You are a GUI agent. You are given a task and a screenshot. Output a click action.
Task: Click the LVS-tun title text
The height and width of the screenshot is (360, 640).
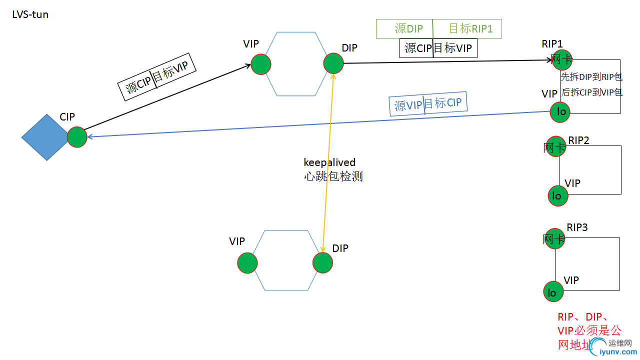click(30, 14)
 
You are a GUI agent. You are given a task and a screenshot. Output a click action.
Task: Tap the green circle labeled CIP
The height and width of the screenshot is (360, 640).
click(77, 136)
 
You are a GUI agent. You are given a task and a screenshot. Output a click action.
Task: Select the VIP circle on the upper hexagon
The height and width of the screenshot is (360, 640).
click(260, 64)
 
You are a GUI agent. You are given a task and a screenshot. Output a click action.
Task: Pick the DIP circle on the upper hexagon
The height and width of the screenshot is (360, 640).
click(333, 63)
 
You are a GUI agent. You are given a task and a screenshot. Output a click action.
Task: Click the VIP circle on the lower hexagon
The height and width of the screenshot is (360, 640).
click(247, 263)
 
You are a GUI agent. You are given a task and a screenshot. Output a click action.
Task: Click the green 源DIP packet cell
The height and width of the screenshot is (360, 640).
click(404, 29)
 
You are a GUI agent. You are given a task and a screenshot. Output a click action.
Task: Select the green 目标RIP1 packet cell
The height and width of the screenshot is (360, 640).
click(467, 29)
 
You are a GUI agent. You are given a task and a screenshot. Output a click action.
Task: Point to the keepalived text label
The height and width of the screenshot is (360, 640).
click(329, 162)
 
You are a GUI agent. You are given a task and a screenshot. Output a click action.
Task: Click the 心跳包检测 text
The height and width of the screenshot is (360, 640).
click(333, 176)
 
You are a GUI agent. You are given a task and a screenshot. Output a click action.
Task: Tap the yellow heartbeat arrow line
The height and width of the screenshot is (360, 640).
click(328, 210)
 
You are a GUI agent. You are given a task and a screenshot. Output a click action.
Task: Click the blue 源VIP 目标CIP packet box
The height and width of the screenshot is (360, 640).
click(428, 104)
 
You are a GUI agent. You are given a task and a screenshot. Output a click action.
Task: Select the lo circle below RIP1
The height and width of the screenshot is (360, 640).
click(560, 111)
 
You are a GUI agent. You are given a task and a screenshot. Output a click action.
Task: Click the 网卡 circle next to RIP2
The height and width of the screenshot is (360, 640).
click(556, 146)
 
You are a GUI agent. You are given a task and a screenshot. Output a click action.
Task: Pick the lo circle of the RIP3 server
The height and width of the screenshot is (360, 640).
click(553, 292)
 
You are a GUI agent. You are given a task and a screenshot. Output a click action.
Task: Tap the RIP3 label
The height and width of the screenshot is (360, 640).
click(577, 227)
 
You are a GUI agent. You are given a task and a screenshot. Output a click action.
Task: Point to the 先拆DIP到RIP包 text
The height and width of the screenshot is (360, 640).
click(591, 76)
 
